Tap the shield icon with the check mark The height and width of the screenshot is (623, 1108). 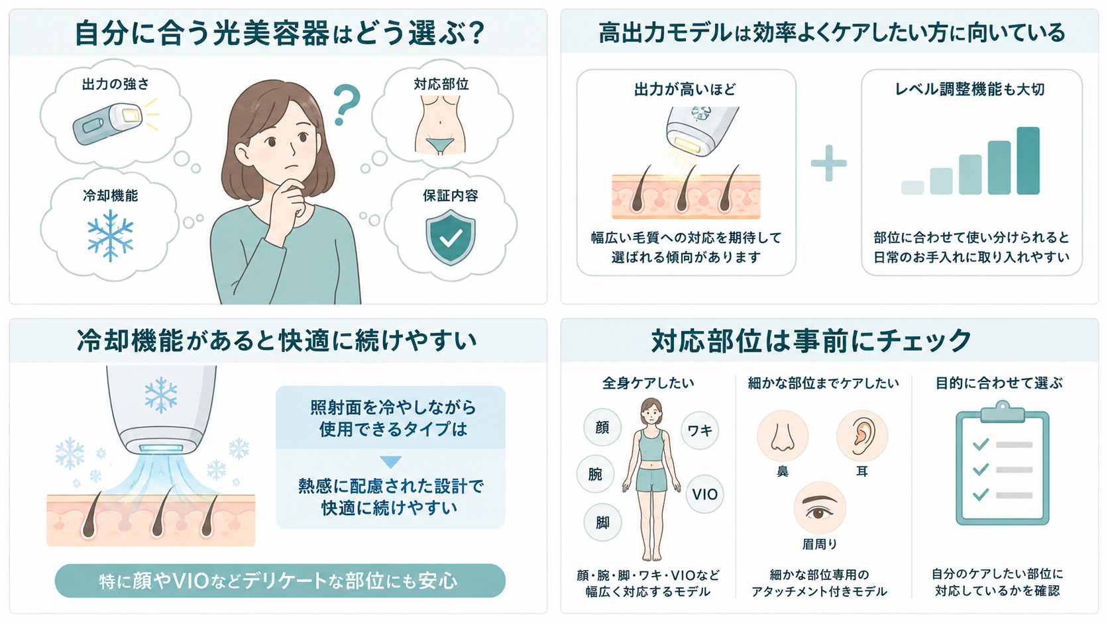click(x=451, y=237)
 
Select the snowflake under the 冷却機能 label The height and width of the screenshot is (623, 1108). click(x=110, y=236)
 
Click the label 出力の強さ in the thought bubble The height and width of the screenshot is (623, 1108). click(x=115, y=85)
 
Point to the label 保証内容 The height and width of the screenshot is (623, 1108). click(x=450, y=196)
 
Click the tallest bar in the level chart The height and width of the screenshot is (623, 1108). click(x=1028, y=161)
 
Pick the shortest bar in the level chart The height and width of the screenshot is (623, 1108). click(x=913, y=188)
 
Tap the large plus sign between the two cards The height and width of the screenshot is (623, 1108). click(x=828, y=163)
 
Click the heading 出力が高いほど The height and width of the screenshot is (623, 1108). click(x=685, y=89)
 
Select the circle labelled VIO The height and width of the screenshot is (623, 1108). click(x=704, y=494)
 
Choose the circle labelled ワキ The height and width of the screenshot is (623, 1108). click(x=700, y=430)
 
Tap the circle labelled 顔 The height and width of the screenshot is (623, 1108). click(x=602, y=427)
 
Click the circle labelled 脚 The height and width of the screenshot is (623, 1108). click(x=602, y=523)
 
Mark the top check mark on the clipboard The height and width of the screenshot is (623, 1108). click(x=980, y=444)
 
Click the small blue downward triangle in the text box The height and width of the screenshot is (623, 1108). click(x=390, y=462)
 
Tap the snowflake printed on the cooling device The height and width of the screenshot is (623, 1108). click(x=161, y=395)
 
